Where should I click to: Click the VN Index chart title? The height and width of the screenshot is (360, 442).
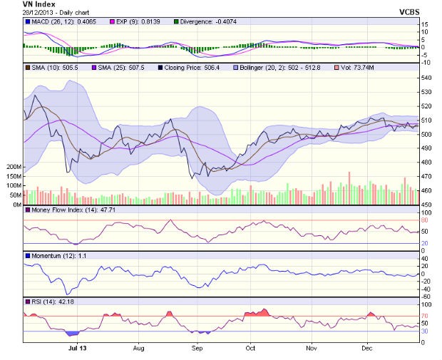tap(39, 4)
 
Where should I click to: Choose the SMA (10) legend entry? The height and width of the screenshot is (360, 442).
tap(48, 67)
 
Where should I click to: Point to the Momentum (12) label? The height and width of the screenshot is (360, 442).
tap(53, 255)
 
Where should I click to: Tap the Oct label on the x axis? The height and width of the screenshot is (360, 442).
tap(250, 349)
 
